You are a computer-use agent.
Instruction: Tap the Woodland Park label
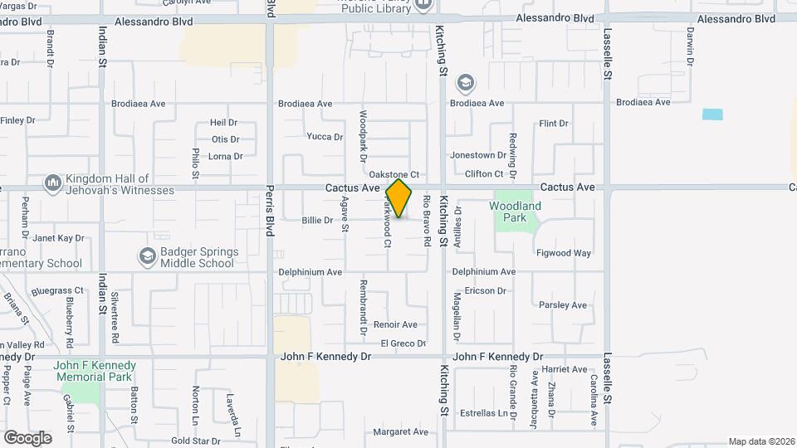click(x=515, y=212)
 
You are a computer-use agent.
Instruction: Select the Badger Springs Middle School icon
click(x=147, y=256)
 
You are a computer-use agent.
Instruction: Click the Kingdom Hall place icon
click(x=53, y=182)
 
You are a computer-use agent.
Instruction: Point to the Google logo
click(x=27, y=437)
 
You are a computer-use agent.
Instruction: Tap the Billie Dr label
click(x=317, y=221)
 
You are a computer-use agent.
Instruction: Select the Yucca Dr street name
click(x=325, y=137)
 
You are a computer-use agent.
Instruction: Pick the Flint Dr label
click(x=554, y=124)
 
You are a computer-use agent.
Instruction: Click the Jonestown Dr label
click(x=478, y=155)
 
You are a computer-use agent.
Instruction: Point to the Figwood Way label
click(x=564, y=253)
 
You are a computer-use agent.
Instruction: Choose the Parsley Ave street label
click(x=563, y=305)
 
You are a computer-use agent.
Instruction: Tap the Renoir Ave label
click(x=395, y=324)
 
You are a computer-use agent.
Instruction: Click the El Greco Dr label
click(x=403, y=343)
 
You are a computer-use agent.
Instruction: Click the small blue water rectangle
click(x=712, y=114)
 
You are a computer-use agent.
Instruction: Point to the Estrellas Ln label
click(x=486, y=413)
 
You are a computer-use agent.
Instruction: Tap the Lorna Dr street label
click(x=225, y=156)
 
